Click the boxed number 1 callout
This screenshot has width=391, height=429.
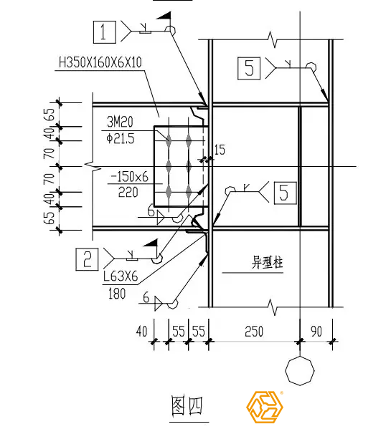105,32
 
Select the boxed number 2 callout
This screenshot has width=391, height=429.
87,259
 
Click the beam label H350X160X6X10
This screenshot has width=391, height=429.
100,62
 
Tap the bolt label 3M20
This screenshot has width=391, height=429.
120,122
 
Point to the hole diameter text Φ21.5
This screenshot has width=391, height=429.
121,139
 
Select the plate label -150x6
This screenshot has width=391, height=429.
129,177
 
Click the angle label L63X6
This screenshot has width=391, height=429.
121,276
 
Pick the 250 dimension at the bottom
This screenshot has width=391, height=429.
254,331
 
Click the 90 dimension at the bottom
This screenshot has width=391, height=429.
316,331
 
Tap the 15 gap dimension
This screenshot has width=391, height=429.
220,150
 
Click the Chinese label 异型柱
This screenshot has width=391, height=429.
267,263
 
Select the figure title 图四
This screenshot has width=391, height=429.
187,405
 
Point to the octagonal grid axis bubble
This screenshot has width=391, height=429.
300,371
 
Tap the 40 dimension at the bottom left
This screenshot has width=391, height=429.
141,331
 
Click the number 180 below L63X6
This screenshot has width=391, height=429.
117,294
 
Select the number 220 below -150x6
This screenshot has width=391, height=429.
128,193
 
